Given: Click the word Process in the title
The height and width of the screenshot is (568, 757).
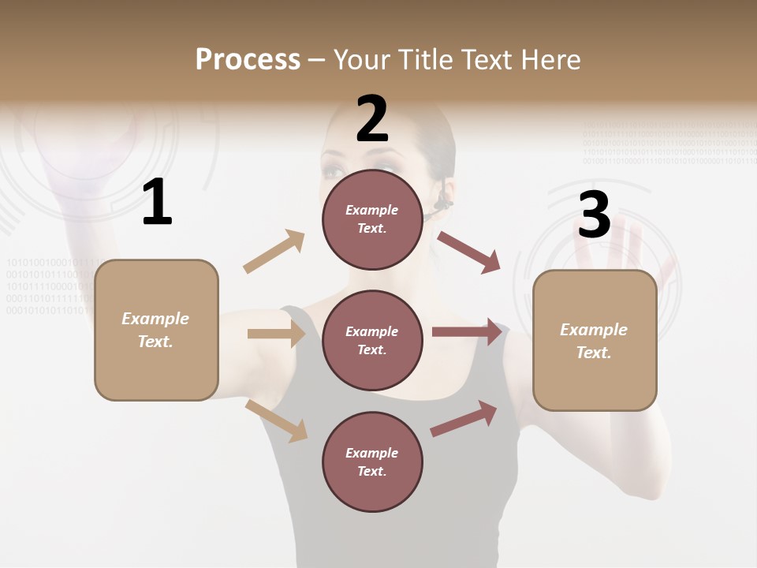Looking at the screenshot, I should pyautogui.click(x=248, y=60).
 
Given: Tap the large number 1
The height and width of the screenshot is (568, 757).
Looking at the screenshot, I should pyautogui.click(x=157, y=203).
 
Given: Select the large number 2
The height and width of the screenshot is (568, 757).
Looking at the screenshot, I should pyautogui.click(x=372, y=119).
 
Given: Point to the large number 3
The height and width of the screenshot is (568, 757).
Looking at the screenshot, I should pyautogui.click(x=594, y=215).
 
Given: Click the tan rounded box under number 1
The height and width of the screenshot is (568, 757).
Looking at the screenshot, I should pyautogui.click(x=156, y=330).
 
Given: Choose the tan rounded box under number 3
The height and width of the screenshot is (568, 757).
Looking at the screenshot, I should pyautogui.click(x=595, y=340).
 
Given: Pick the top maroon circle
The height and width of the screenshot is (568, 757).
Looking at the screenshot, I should pyautogui.click(x=372, y=219).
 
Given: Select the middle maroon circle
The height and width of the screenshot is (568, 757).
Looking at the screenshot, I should pyautogui.click(x=372, y=340).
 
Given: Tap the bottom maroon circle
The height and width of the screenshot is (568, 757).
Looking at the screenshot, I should pyautogui.click(x=372, y=461).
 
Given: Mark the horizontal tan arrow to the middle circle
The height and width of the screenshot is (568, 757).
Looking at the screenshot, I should pyautogui.click(x=276, y=334).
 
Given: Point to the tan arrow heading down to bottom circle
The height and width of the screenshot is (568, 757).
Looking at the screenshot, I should pyautogui.click(x=276, y=420).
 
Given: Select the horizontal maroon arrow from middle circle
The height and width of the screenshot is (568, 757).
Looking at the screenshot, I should pyautogui.click(x=467, y=332).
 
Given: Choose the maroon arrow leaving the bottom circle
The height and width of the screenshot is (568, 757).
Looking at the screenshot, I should pyautogui.click(x=464, y=418).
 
